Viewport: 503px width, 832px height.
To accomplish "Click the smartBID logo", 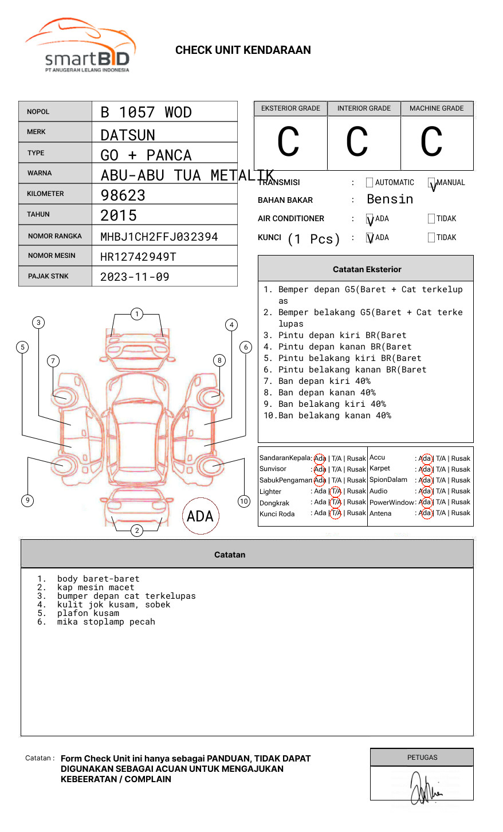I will click(x=80, y=46).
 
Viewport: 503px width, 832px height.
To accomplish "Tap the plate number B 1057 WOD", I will click(x=146, y=112).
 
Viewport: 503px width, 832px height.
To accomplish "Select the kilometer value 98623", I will click(x=123, y=195).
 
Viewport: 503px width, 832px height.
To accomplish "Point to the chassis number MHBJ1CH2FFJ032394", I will click(x=159, y=237).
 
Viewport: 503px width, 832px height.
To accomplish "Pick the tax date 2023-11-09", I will click(x=135, y=277).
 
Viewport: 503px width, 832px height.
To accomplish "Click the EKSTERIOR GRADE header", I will click(x=290, y=108).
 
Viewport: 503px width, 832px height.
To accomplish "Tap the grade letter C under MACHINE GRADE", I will click(x=431, y=142).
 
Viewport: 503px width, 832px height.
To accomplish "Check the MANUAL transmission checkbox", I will click(x=431, y=183).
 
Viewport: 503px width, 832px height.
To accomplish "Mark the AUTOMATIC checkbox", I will click(x=370, y=183).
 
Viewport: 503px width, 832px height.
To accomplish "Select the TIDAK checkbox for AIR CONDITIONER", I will click(x=431, y=219).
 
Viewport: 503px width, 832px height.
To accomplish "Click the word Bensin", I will click(x=390, y=199).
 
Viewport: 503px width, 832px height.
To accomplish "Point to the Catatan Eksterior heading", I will click(x=367, y=269).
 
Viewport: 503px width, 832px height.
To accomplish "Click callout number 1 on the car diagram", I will click(x=136, y=314).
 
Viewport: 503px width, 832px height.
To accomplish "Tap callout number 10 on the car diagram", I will click(x=244, y=501).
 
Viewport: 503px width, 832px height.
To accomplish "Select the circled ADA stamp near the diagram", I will click(x=200, y=516).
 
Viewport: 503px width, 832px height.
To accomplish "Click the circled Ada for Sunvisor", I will click(x=320, y=469).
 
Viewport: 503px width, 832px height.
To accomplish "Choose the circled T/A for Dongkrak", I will click(x=336, y=503).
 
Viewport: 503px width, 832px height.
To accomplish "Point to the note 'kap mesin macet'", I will click(x=96, y=588).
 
